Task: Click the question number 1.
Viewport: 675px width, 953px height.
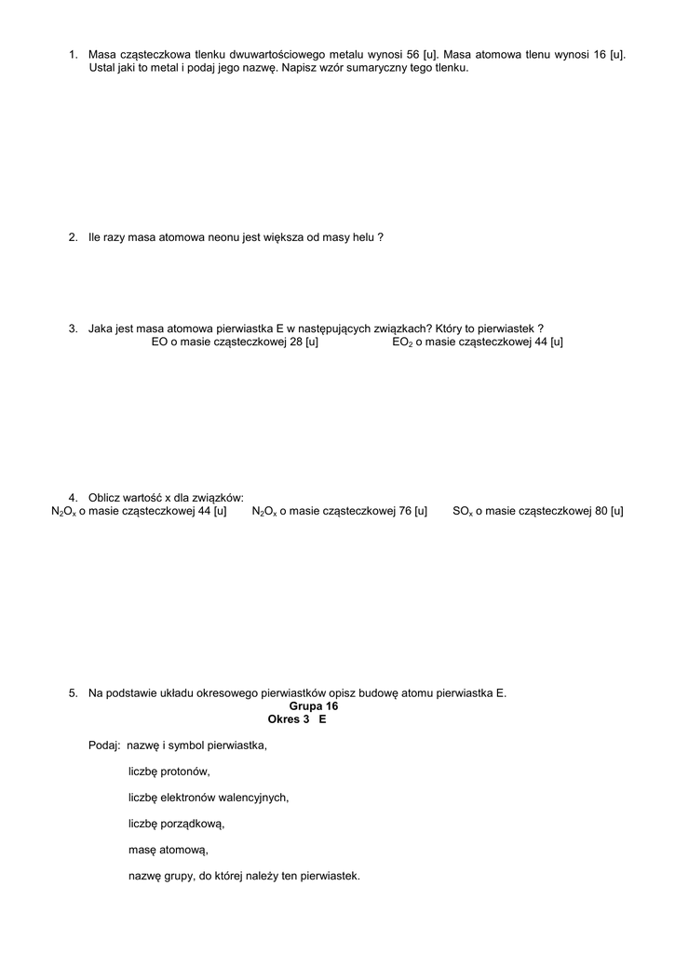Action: coord(73,55)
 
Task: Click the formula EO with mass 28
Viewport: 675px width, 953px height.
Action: coord(159,342)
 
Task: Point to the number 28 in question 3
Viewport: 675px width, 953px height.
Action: coord(297,342)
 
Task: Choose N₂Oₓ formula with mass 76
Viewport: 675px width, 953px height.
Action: coord(264,511)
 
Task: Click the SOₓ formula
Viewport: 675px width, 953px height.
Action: coord(464,511)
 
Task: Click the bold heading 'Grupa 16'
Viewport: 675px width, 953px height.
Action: coord(314,706)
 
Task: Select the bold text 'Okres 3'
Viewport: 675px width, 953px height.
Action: coord(288,719)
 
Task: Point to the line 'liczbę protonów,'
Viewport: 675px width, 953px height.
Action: coord(169,772)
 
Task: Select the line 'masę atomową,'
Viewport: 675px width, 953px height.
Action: coord(169,850)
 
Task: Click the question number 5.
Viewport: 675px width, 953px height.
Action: coord(73,693)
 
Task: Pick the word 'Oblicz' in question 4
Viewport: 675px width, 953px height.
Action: coord(105,498)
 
